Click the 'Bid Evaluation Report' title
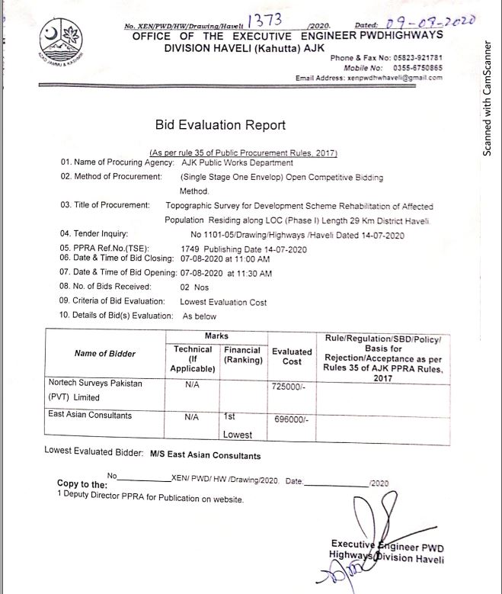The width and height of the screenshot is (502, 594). coord(220,124)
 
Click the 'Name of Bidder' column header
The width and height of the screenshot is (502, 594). coord(105,353)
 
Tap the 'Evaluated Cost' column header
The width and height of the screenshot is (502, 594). coord(292,357)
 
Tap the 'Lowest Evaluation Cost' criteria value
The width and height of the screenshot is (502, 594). coord(223,302)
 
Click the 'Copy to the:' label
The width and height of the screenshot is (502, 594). coord(82,484)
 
